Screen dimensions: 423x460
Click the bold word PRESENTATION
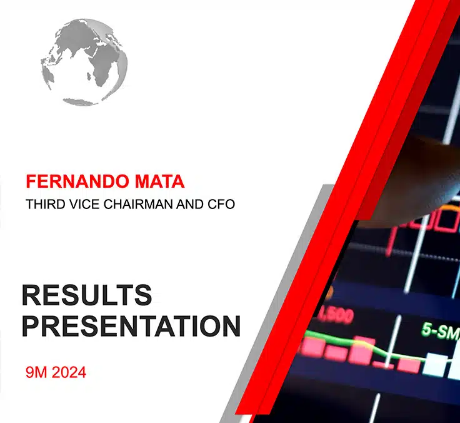coord(131,326)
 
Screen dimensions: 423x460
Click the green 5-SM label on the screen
coord(439,331)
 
